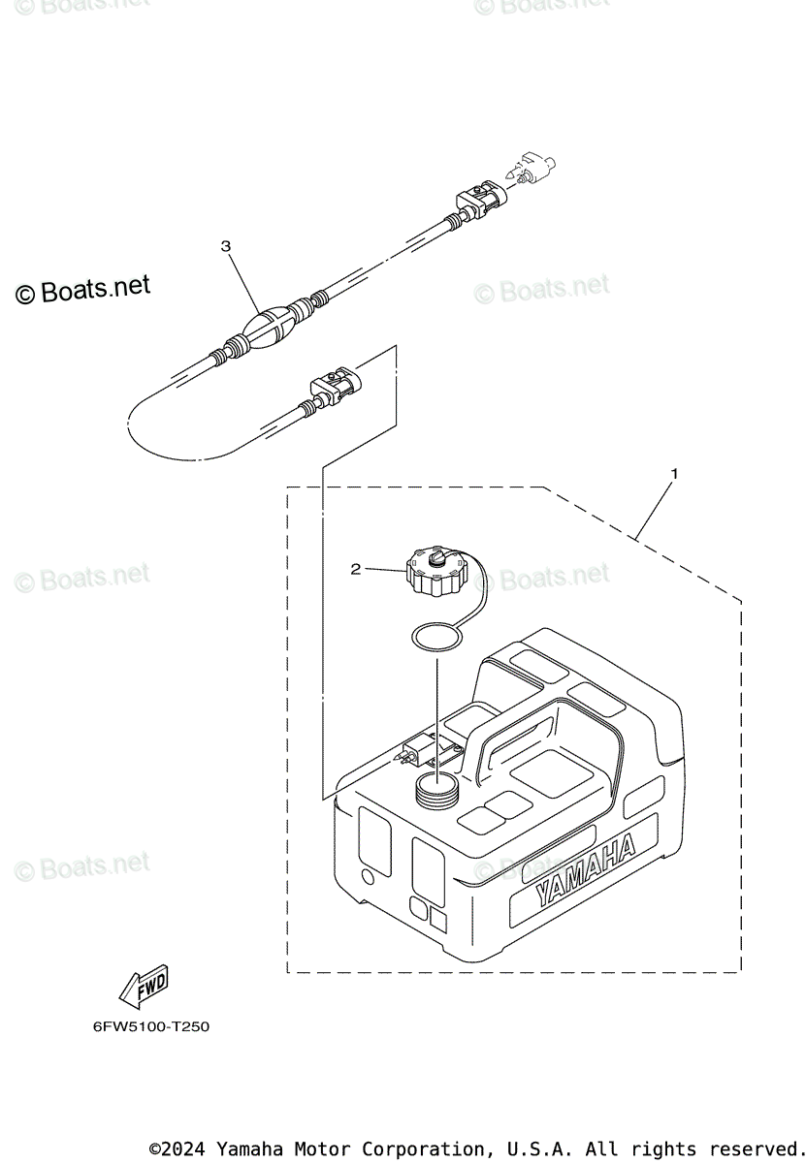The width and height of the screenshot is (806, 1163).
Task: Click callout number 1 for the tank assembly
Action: [674, 474]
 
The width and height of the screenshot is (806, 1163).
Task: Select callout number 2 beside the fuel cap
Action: [355, 570]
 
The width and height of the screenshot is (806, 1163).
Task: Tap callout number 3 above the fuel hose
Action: [226, 247]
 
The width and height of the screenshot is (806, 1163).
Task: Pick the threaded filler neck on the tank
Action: [435, 789]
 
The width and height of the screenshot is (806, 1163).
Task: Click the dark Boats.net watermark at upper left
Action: [83, 290]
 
